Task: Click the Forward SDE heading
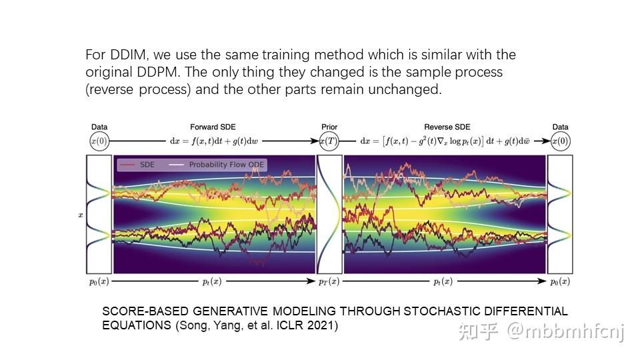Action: pos(213,127)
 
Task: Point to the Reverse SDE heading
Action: pos(447,127)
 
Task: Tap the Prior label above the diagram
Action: pos(329,127)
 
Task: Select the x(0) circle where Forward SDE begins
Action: pos(99,141)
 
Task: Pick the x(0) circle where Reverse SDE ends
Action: pos(561,141)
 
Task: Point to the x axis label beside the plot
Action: pos(81,215)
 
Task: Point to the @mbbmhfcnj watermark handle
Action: pos(565,331)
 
